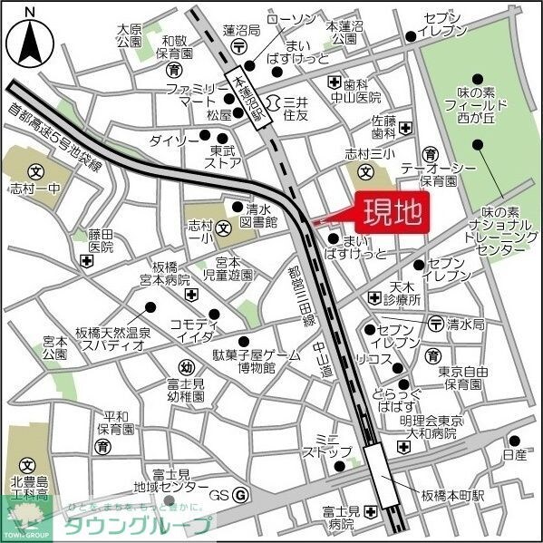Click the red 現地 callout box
393,213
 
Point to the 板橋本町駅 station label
453,496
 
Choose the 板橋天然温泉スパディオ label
112,338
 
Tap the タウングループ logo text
135,526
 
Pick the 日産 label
514,453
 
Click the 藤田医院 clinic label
102,240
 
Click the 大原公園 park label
130,34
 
